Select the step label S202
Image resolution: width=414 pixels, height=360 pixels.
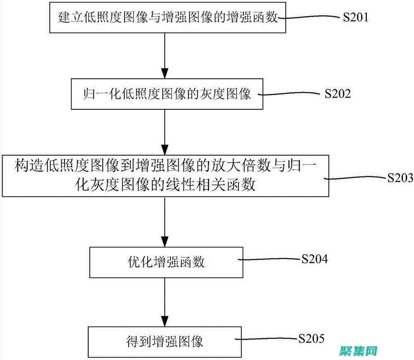click(337, 94)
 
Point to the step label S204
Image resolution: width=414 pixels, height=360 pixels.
click(314, 259)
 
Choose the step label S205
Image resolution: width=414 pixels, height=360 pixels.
click(311, 338)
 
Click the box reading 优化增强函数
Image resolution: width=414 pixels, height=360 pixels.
click(166, 262)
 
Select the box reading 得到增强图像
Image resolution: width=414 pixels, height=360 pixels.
click(164, 342)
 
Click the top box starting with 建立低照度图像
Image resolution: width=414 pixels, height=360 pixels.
click(168, 18)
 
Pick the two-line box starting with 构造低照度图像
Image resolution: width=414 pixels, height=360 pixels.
click(165, 176)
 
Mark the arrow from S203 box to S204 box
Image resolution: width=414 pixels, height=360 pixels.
click(165, 221)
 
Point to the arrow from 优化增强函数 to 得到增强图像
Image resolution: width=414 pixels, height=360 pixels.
click(165, 302)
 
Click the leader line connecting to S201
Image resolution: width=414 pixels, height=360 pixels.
click(310, 17)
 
